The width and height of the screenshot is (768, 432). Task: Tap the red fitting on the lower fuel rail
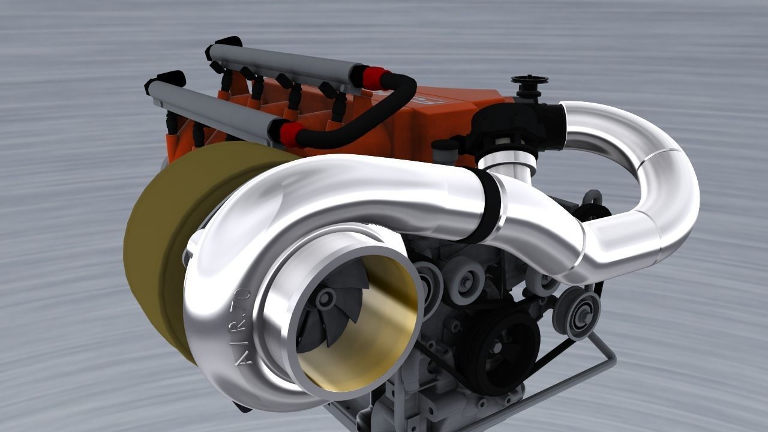290,134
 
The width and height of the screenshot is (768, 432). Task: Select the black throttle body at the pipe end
516,126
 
